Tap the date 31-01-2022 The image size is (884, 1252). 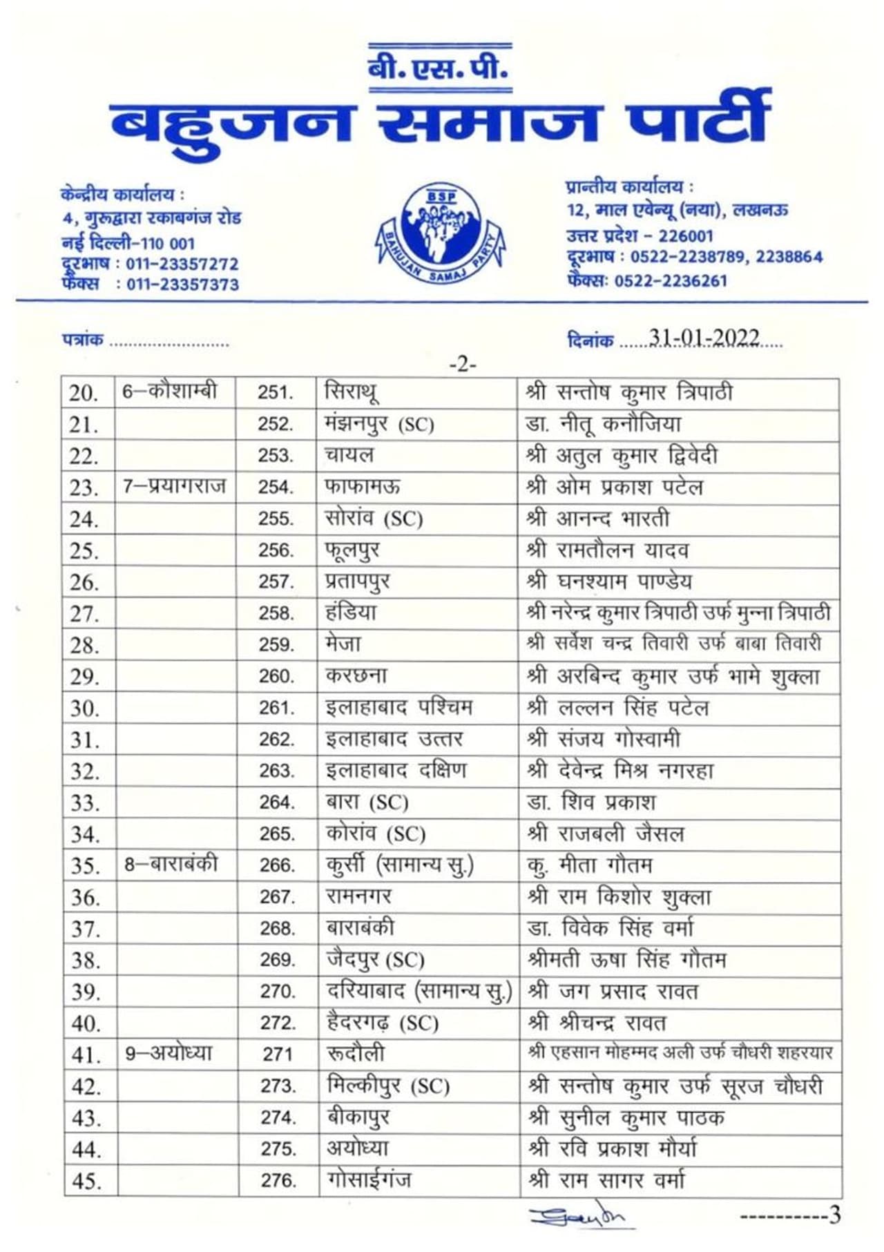(x=704, y=338)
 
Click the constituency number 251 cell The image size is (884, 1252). (x=276, y=392)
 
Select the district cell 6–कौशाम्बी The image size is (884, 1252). (x=170, y=392)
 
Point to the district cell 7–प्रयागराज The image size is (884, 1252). (x=174, y=486)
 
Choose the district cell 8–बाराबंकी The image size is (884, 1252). (x=171, y=864)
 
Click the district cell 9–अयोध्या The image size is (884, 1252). (x=169, y=1053)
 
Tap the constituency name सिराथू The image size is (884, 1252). (x=351, y=392)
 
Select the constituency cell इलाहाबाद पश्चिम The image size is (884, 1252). (x=398, y=707)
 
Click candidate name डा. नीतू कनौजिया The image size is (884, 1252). (x=603, y=423)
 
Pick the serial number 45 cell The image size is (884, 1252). (x=86, y=1181)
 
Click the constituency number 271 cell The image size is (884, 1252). (x=278, y=1054)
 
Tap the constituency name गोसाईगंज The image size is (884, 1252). (x=369, y=1179)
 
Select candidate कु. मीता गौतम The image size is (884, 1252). (x=588, y=865)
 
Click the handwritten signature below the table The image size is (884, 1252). (x=576, y=1217)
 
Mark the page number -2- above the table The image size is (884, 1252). (x=462, y=363)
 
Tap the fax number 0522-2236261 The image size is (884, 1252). (x=671, y=280)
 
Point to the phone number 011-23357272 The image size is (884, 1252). (x=182, y=264)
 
